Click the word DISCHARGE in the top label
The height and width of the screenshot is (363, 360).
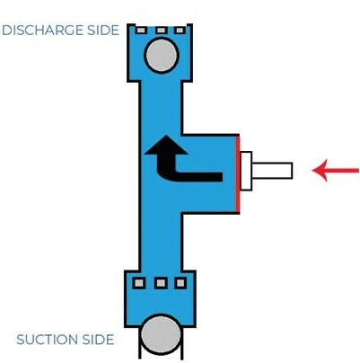[43, 31]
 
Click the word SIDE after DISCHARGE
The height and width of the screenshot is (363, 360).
[103, 31]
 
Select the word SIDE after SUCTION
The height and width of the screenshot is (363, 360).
[98, 340]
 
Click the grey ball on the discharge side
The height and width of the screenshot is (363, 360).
[162, 55]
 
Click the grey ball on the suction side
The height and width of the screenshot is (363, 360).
[161, 334]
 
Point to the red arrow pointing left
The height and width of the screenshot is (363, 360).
[336, 171]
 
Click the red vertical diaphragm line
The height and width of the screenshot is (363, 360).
[238, 174]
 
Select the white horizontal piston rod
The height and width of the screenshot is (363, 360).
[272, 171]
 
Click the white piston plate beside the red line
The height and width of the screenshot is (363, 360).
[246, 171]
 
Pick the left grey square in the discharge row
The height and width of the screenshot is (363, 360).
[141, 31]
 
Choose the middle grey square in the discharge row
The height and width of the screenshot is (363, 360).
[161, 31]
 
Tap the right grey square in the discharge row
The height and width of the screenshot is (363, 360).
[180, 31]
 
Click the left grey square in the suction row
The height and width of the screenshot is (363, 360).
[139, 283]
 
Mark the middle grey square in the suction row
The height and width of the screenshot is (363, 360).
[161, 283]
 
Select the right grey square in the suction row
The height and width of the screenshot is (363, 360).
[180, 283]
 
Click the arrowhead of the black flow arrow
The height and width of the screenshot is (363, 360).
[166, 145]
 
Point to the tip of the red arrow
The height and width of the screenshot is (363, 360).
[312, 171]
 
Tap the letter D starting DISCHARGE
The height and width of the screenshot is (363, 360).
[7, 31]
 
